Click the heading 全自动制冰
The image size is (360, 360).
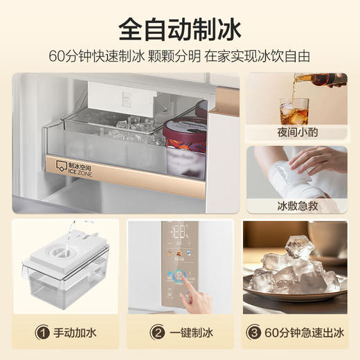point(179,29)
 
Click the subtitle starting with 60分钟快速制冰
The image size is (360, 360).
point(179,55)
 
